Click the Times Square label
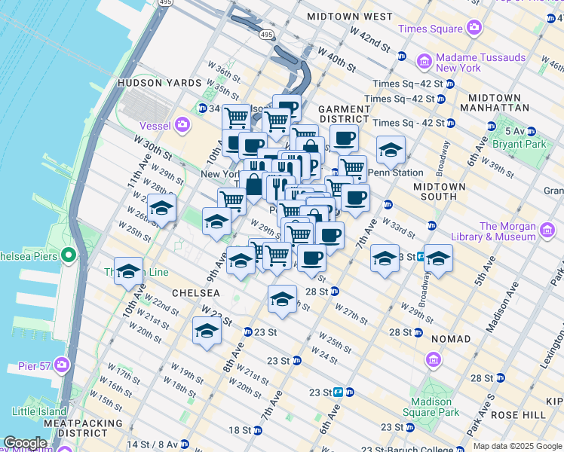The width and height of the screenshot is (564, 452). click(x=430, y=29)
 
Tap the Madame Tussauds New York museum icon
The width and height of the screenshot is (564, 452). click(x=425, y=60)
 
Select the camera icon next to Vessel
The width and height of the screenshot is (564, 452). click(x=182, y=124)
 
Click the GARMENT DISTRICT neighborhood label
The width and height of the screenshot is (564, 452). click(x=344, y=114)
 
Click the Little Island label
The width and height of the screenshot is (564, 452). click(x=39, y=411)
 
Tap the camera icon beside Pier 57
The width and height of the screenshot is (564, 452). click(x=61, y=366)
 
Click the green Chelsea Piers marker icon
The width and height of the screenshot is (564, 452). click(x=69, y=256)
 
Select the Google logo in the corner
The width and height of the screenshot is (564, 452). click(x=25, y=443)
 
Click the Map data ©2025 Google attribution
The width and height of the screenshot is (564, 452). click(x=516, y=446)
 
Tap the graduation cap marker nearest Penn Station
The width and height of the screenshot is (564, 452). click(x=391, y=151)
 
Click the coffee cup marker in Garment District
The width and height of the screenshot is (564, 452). click(x=344, y=139)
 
